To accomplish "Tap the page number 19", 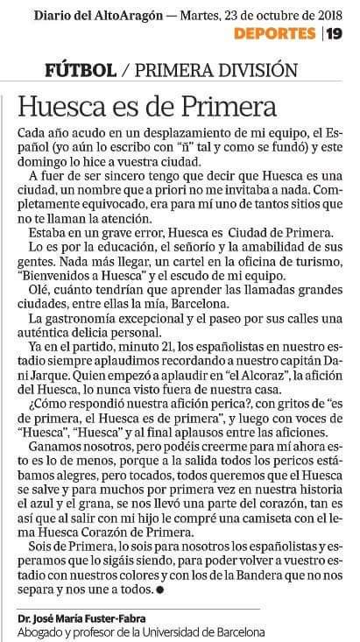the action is coord(335,33).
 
